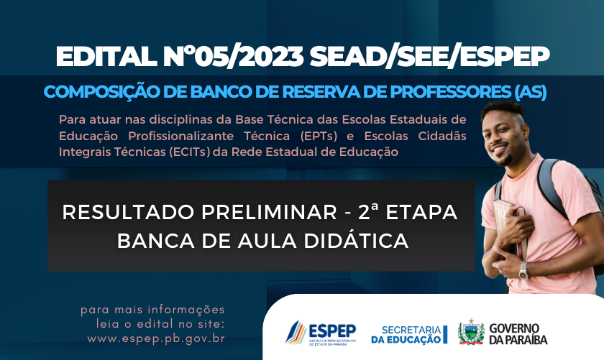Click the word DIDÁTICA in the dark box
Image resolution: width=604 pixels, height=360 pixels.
coord(356,241)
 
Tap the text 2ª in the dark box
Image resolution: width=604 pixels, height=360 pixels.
coord(368,212)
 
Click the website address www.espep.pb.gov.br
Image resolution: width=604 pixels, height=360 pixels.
coord(156,339)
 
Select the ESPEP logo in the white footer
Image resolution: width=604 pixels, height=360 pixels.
coord(321,333)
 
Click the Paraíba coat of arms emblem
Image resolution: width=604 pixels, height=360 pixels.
coord(471,332)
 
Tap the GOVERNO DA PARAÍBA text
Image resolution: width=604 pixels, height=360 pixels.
coord(518,334)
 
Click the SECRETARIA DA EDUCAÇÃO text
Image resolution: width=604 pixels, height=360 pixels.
coord(409,335)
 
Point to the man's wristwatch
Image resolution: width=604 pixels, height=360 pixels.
coord(523,270)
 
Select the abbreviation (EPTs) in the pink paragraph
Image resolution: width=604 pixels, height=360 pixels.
coord(319,137)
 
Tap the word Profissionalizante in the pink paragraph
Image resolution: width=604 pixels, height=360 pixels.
coord(180,137)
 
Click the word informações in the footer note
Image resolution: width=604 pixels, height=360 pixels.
coord(186,310)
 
